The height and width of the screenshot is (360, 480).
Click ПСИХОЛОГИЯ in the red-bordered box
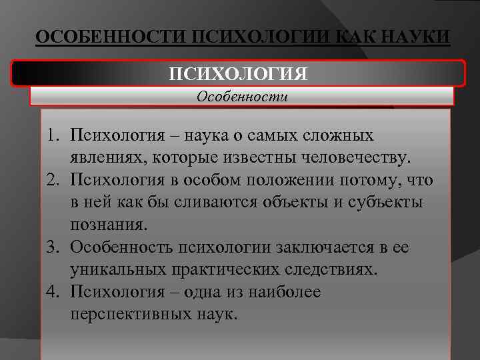click(x=238, y=73)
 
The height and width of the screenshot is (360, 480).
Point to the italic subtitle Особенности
click(x=242, y=96)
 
